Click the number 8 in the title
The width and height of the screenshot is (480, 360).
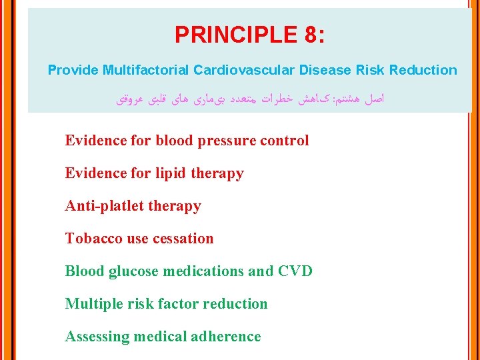[x=309, y=35]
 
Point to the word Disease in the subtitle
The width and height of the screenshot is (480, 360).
[x=323, y=70]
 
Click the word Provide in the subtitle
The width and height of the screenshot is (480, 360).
[x=73, y=70]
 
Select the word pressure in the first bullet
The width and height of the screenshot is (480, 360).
[x=225, y=141]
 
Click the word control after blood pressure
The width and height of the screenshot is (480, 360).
[x=284, y=141]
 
